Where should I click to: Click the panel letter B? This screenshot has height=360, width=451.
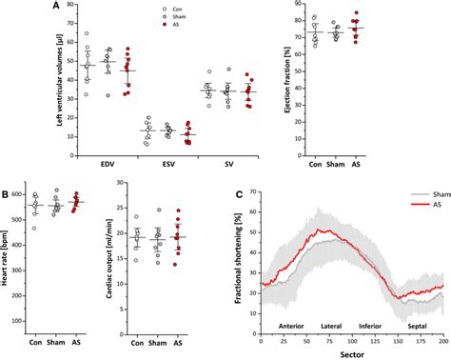click(6, 196)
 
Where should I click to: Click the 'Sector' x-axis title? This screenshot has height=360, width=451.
click(352, 353)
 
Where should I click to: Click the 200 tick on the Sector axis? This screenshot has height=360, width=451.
click(442, 341)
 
